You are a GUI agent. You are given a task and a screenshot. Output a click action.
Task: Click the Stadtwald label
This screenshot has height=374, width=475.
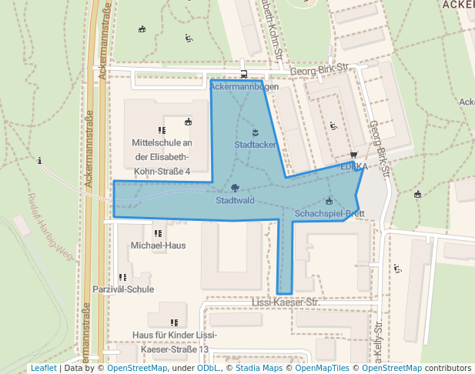[235, 201]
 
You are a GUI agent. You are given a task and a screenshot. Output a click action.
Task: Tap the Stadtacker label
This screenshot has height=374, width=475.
[255, 144]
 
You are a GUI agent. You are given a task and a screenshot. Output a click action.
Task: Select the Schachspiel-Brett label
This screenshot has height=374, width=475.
[329, 213]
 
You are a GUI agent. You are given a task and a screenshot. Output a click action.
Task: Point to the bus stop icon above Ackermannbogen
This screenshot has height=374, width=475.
[244, 75]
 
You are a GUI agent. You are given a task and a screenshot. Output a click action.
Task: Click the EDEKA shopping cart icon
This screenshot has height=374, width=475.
[353, 154]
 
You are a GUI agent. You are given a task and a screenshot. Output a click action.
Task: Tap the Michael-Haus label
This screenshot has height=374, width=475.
[158, 245]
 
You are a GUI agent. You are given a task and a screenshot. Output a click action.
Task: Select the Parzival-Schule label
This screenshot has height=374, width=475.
[123, 289]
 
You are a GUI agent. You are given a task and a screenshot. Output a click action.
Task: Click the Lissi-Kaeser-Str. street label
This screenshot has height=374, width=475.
[286, 303]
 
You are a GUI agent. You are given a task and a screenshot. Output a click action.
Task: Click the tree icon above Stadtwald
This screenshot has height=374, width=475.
[235, 188]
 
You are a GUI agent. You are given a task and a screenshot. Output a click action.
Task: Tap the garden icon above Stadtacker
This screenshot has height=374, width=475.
[255, 132]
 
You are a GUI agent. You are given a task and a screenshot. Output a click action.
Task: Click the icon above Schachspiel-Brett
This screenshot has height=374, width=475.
[329, 201]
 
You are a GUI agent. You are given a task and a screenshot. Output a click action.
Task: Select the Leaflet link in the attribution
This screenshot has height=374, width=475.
[43, 368]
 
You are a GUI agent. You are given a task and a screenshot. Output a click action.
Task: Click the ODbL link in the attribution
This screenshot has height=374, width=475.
[208, 368]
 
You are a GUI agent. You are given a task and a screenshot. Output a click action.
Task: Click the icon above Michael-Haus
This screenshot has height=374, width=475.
[158, 233]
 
